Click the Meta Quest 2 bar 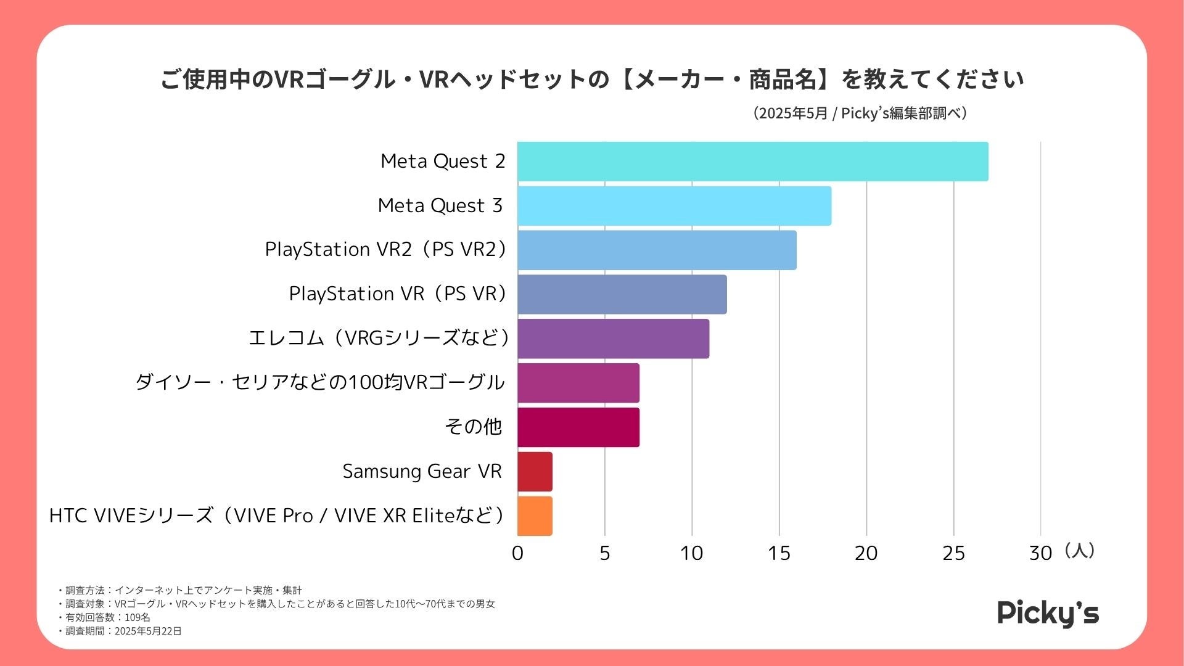[752, 162]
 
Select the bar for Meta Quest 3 [674, 206]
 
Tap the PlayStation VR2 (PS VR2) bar [657, 250]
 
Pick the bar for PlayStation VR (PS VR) [622, 295]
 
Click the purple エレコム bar [613, 339]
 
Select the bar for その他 [578, 427]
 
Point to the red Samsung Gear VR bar [535, 472]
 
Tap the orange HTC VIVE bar [535, 516]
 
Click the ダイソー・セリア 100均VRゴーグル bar [578, 383]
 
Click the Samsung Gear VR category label [422, 472]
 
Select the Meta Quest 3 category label [440, 206]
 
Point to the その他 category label [473, 427]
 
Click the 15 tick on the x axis [779, 553]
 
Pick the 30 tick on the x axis [1040, 553]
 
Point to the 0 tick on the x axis [517, 553]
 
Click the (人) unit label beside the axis [1079, 551]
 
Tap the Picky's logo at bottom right [1048, 614]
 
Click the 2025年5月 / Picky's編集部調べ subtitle [860, 113]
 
